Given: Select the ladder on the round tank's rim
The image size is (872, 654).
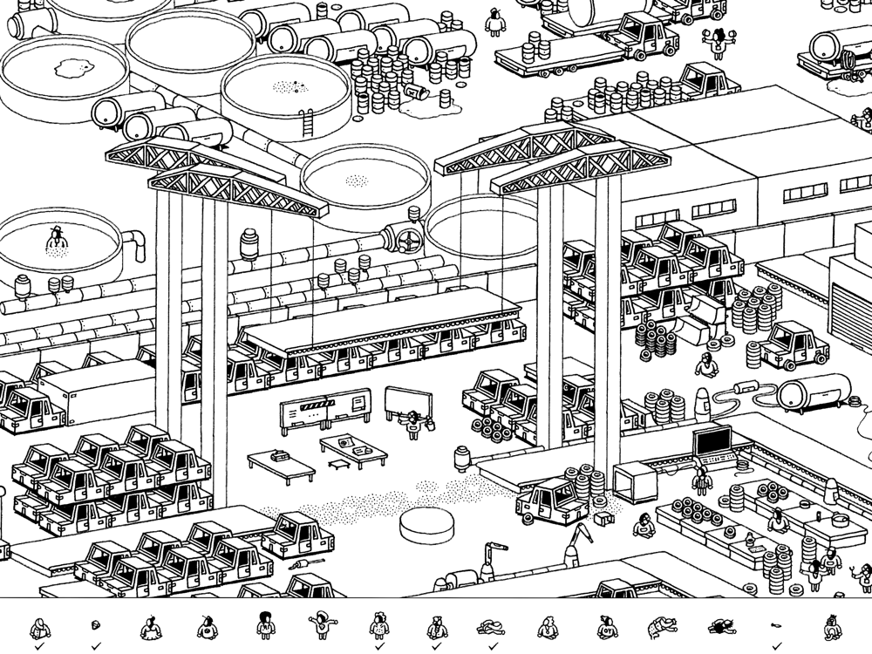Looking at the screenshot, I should [x=306, y=123].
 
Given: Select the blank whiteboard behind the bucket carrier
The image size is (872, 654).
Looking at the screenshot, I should [x=410, y=403].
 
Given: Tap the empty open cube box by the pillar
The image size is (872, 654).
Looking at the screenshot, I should [x=635, y=482].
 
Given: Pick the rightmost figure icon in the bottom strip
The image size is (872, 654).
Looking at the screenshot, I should [x=832, y=626].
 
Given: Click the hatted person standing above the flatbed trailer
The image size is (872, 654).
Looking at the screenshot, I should [x=495, y=22].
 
